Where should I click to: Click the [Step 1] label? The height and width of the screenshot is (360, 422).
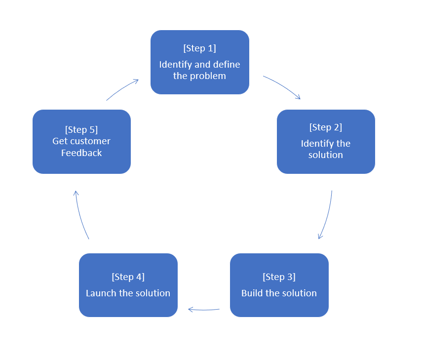(199, 48)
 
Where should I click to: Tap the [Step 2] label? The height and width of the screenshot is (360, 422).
(326, 127)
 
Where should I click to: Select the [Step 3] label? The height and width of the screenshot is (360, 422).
(279, 277)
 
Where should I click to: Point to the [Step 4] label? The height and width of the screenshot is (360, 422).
(128, 277)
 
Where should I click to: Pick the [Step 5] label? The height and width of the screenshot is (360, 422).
(81, 130)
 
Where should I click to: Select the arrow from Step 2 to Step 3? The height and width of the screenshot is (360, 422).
(327, 215)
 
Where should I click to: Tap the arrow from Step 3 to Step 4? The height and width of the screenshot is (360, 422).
(203, 310)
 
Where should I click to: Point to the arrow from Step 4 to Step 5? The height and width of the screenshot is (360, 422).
(80, 215)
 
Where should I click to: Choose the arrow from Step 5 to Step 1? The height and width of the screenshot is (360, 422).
(122, 89)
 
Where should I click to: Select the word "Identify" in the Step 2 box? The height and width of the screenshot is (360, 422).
(314, 144)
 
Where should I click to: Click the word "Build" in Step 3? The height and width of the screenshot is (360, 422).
(252, 293)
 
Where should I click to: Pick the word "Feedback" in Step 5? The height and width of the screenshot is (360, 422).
(81, 153)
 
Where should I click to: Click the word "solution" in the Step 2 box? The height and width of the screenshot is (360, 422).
(326, 155)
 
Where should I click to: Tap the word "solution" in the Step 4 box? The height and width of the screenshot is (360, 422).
(153, 293)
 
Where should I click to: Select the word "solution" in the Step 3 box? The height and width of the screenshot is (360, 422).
(299, 293)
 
